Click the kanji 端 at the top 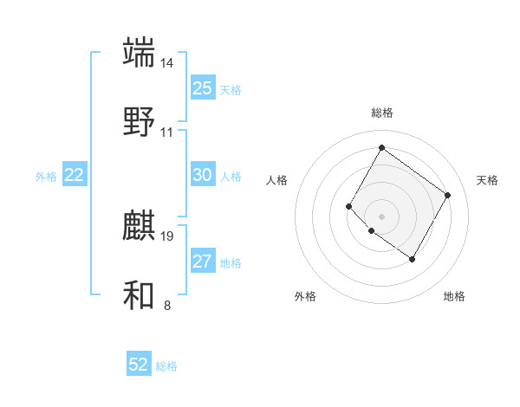point(140,52)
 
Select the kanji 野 point(140,121)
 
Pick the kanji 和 point(140,295)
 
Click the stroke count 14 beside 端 point(167,63)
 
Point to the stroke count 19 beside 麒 point(167,236)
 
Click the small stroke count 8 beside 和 point(167,305)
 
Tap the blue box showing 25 point(202,88)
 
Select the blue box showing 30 point(202,175)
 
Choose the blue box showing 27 point(202,262)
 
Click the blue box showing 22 point(75,175)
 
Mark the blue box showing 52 point(139,365)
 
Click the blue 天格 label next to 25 point(231,90)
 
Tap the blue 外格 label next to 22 point(46,177)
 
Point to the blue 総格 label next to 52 point(166,366)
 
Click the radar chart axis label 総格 point(381,113)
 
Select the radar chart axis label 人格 point(277,180)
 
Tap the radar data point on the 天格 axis point(447,195)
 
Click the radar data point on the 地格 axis point(412,259)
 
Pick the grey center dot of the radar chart point(381,216)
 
